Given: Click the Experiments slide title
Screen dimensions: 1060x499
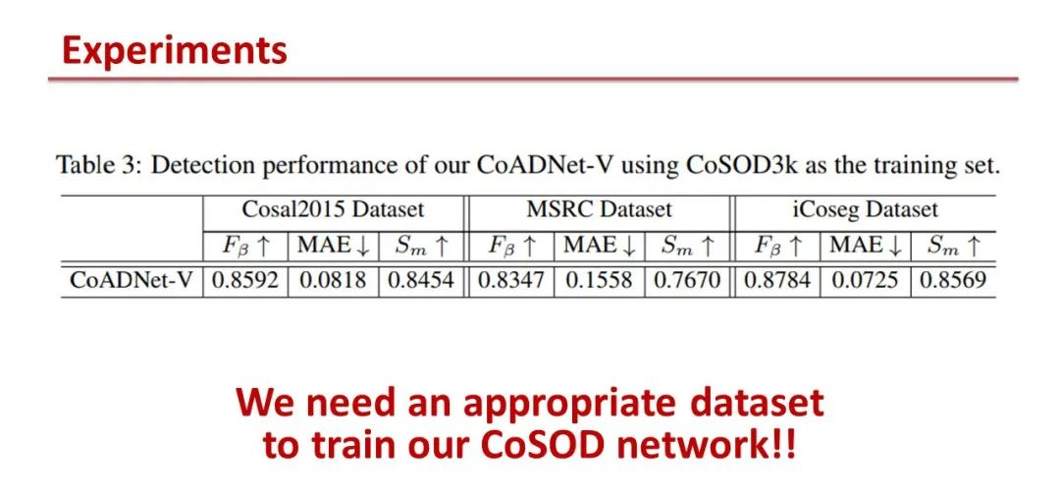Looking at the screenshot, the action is tap(175, 50).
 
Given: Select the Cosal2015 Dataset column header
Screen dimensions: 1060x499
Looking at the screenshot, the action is tap(333, 209).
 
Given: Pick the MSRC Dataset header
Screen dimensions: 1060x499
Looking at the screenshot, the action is tap(599, 209).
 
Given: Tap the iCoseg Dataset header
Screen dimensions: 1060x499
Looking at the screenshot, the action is tap(865, 210).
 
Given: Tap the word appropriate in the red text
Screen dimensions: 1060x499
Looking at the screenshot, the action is tap(568, 402).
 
